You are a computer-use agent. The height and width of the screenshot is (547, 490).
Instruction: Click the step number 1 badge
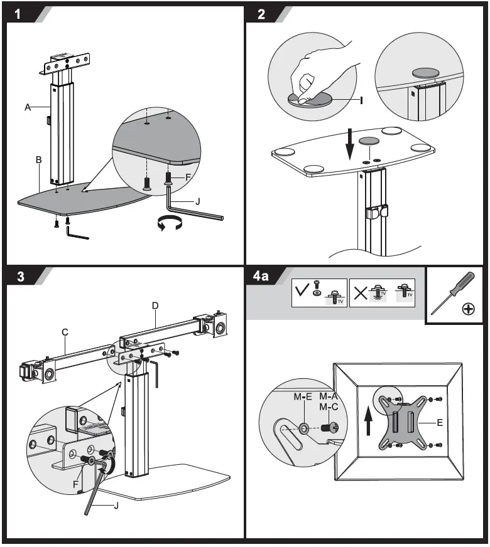click(x=19, y=15)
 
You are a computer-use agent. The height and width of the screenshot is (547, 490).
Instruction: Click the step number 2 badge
click(x=261, y=15)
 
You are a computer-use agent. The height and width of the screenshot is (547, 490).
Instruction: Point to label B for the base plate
click(x=38, y=161)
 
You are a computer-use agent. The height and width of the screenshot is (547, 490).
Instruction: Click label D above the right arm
click(x=155, y=306)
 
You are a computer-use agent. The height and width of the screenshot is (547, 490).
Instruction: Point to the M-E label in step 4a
click(x=303, y=396)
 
